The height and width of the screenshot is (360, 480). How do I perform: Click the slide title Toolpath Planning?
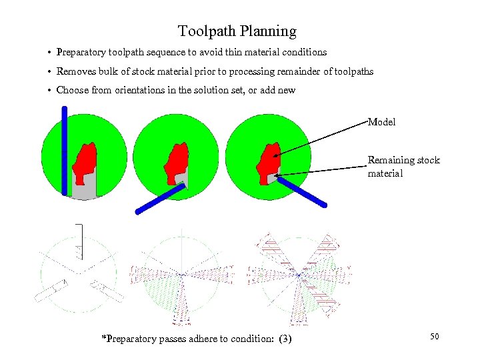coord(237,31)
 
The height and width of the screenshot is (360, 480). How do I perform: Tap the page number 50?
coord(434,337)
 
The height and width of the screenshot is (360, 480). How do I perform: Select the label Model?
coord(381,122)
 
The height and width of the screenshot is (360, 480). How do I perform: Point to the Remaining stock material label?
coord(403,167)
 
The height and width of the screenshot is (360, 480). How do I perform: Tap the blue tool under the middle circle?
coord(160,198)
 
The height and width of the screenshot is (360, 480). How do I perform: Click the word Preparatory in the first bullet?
coord(81,52)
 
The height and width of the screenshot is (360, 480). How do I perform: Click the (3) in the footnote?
coord(283,339)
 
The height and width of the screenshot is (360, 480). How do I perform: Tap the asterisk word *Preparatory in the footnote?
coord(129,339)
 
